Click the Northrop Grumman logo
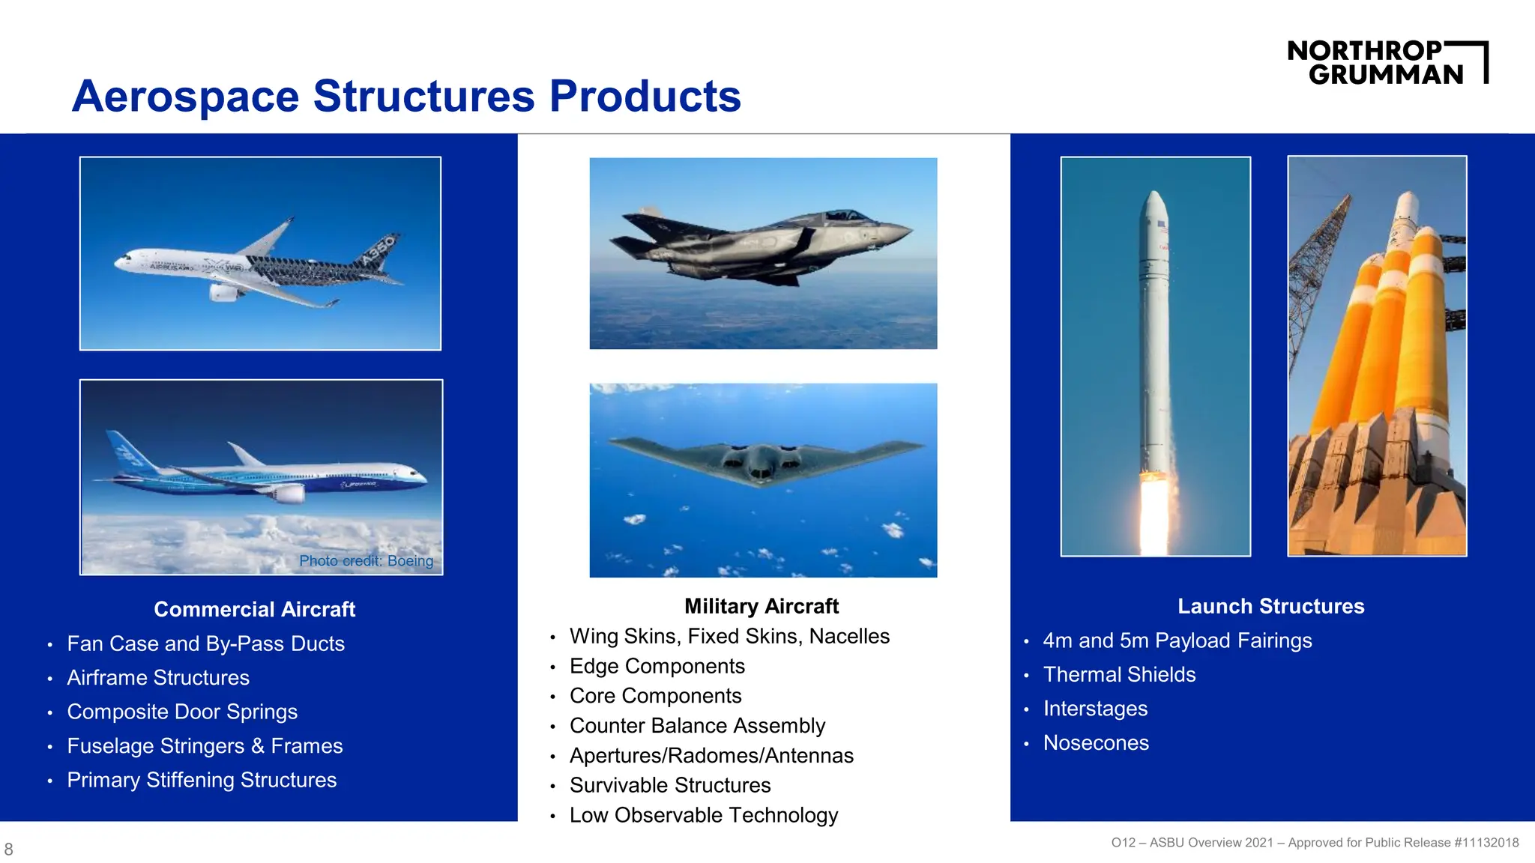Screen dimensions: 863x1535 click(x=1387, y=62)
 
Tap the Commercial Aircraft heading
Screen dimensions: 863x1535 click(x=254, y=609)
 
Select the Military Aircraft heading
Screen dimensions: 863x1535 click(x=761, y=606)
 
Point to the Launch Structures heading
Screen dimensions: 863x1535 click(x=1270, y=606)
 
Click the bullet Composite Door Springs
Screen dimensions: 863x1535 click(x=182, y=712)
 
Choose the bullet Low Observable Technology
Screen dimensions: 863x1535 click(x=703, y=815)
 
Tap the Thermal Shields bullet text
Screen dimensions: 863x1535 click(x=1119, y=674)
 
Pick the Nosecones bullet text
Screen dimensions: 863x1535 click(x=1096, y=742)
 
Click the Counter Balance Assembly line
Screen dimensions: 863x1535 click(x=697, y=725)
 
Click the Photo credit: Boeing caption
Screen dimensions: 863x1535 click(x=366, y=560)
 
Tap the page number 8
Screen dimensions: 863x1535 click(x=9, y=849)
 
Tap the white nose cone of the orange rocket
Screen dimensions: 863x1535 click(x=1407, y=206)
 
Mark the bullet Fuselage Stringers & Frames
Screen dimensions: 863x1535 click(x=205, y=746)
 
